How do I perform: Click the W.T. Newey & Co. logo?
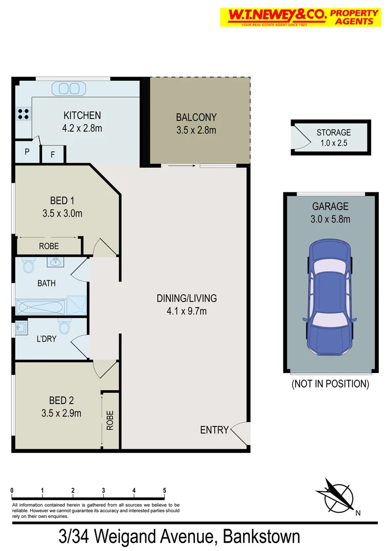pos(300,17)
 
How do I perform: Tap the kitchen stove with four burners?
pos(23,113)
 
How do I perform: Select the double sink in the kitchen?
pos(68,89)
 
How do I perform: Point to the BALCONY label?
pos(196,117)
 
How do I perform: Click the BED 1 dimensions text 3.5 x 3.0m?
pos(62,213)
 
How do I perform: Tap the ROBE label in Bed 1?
pos(49,246)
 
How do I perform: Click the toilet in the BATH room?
pos(28,266)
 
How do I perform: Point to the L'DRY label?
pos(46,338)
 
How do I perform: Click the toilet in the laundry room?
pos(64,325)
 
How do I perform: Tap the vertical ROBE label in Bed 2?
pos(110,421)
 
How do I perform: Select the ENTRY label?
pos(214,430)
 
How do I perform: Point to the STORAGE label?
pos(334,133)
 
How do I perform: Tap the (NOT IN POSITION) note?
pos(330,384)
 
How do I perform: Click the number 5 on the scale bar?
pos(164,491)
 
